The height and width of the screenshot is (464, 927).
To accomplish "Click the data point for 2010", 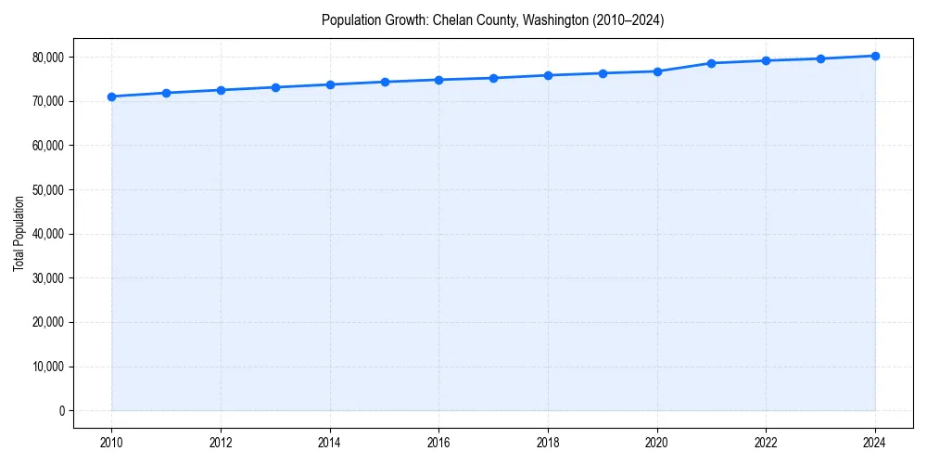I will coord(111,97).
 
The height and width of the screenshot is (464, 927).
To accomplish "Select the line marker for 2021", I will coord(711,63).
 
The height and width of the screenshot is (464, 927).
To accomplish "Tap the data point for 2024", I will coord(875,56).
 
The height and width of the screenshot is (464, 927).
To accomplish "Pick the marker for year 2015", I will coord(385,82).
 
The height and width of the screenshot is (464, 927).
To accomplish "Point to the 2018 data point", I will coord(548,75).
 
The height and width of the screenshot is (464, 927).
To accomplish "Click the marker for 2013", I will coord(275,87).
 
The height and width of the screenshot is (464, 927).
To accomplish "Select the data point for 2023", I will coord(820,58).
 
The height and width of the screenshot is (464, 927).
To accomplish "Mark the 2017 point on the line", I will coord(493,78).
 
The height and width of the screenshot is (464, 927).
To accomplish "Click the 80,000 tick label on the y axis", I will coord(48,58).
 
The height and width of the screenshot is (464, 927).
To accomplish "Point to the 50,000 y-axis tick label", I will coord(48,190).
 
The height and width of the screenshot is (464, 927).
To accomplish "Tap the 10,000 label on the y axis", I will coord(48,367).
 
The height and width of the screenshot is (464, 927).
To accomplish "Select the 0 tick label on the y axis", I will coord(61,411).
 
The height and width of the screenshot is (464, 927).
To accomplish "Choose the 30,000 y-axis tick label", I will coord(48,278).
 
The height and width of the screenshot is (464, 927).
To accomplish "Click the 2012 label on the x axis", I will coord(221,442).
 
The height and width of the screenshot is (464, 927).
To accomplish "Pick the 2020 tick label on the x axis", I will coord(657,442).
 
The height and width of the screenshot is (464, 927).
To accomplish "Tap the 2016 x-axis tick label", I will coord(438,442).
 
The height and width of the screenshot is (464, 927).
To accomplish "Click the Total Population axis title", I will coord(19,233).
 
